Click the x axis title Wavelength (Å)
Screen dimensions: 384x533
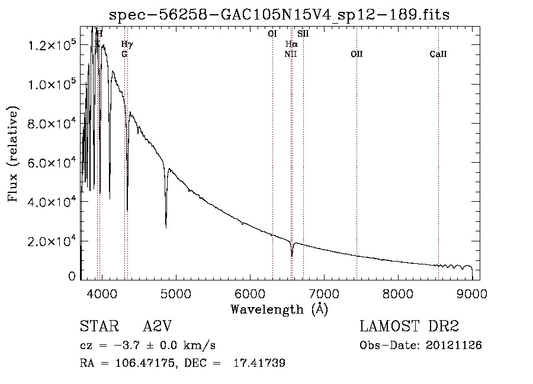click(x=279, y=309)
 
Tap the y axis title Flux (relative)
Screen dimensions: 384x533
click(x=13, y=154)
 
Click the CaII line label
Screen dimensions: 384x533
click(x=438, y=54)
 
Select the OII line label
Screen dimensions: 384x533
click(x=357, y=54)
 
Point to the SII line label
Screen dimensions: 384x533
click(x=303, y=34)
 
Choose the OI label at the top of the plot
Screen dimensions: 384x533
click(x=272, y=34)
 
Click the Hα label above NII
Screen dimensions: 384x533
click(x=291, y=44)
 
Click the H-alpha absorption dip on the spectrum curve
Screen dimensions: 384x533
click(x=292, y=256)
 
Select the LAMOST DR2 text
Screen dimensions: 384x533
click(x=409, y=327)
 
